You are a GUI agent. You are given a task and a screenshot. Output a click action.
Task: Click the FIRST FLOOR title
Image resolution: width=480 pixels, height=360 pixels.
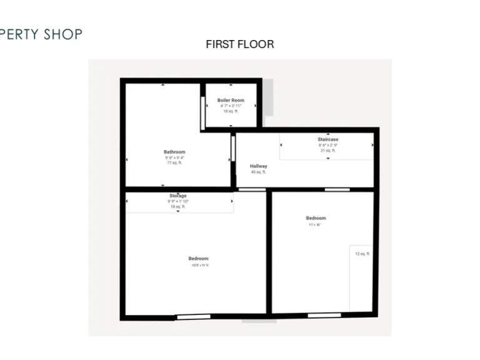(x=239, y=44)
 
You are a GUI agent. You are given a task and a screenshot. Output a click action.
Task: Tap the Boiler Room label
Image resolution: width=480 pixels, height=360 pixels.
(x=231, y=100)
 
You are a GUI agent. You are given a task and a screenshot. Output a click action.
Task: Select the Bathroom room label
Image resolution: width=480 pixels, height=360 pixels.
(x=174, y=152)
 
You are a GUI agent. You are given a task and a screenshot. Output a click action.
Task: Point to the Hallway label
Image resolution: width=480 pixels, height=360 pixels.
(x=259, y=166)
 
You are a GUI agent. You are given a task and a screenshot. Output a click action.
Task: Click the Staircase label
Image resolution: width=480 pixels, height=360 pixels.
(x=327, y=139)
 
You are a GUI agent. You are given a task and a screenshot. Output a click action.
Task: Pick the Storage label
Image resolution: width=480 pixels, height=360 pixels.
(x=178, y=196)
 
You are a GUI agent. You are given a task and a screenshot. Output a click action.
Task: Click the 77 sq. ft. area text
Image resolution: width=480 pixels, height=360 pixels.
(x=174, y=162)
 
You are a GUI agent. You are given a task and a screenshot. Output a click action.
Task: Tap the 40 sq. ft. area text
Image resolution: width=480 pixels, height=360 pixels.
(x=259, y=172)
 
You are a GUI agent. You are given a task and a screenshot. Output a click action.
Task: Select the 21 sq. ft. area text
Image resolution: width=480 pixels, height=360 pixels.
(x=327, y=151)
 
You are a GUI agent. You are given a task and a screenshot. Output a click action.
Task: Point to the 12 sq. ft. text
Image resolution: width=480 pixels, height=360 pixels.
(x=363, y=254)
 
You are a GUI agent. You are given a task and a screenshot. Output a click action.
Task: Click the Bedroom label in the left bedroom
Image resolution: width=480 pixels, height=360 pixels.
(x=198, y=259)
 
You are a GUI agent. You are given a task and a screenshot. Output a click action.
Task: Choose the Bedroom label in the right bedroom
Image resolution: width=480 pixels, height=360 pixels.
(x=316, y=218)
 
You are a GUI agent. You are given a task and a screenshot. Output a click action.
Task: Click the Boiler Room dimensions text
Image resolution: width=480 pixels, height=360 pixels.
(x=231, y=106)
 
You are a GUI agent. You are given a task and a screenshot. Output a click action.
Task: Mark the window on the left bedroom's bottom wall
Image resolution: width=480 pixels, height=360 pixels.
(x=184, y=317)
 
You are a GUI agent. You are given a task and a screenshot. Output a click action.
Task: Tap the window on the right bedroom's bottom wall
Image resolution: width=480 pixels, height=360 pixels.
(x=324, y=315)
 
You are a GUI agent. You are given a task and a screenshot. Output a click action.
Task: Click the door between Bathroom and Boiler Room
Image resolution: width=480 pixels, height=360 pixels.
(x=202, y=112)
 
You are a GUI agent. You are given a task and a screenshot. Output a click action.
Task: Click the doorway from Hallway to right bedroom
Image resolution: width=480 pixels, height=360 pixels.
(x=337, y=189)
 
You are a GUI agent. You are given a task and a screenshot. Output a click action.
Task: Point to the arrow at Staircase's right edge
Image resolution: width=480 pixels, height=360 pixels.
(x=373, y=145)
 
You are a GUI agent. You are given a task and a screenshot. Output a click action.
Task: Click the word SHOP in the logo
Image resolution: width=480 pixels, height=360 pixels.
(x=62, y=34)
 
